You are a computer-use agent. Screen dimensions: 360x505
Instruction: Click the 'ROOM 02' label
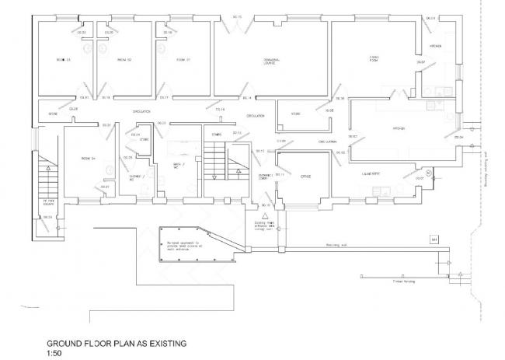124,60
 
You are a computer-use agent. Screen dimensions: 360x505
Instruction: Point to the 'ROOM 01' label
183,60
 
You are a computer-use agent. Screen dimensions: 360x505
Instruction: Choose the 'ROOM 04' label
87,159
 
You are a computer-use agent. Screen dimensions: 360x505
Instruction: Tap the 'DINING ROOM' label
373,58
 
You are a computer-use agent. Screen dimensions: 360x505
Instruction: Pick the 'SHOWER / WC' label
137,179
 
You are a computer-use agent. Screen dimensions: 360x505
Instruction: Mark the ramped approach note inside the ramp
183,245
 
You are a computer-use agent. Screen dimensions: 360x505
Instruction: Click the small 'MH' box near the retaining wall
434,239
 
